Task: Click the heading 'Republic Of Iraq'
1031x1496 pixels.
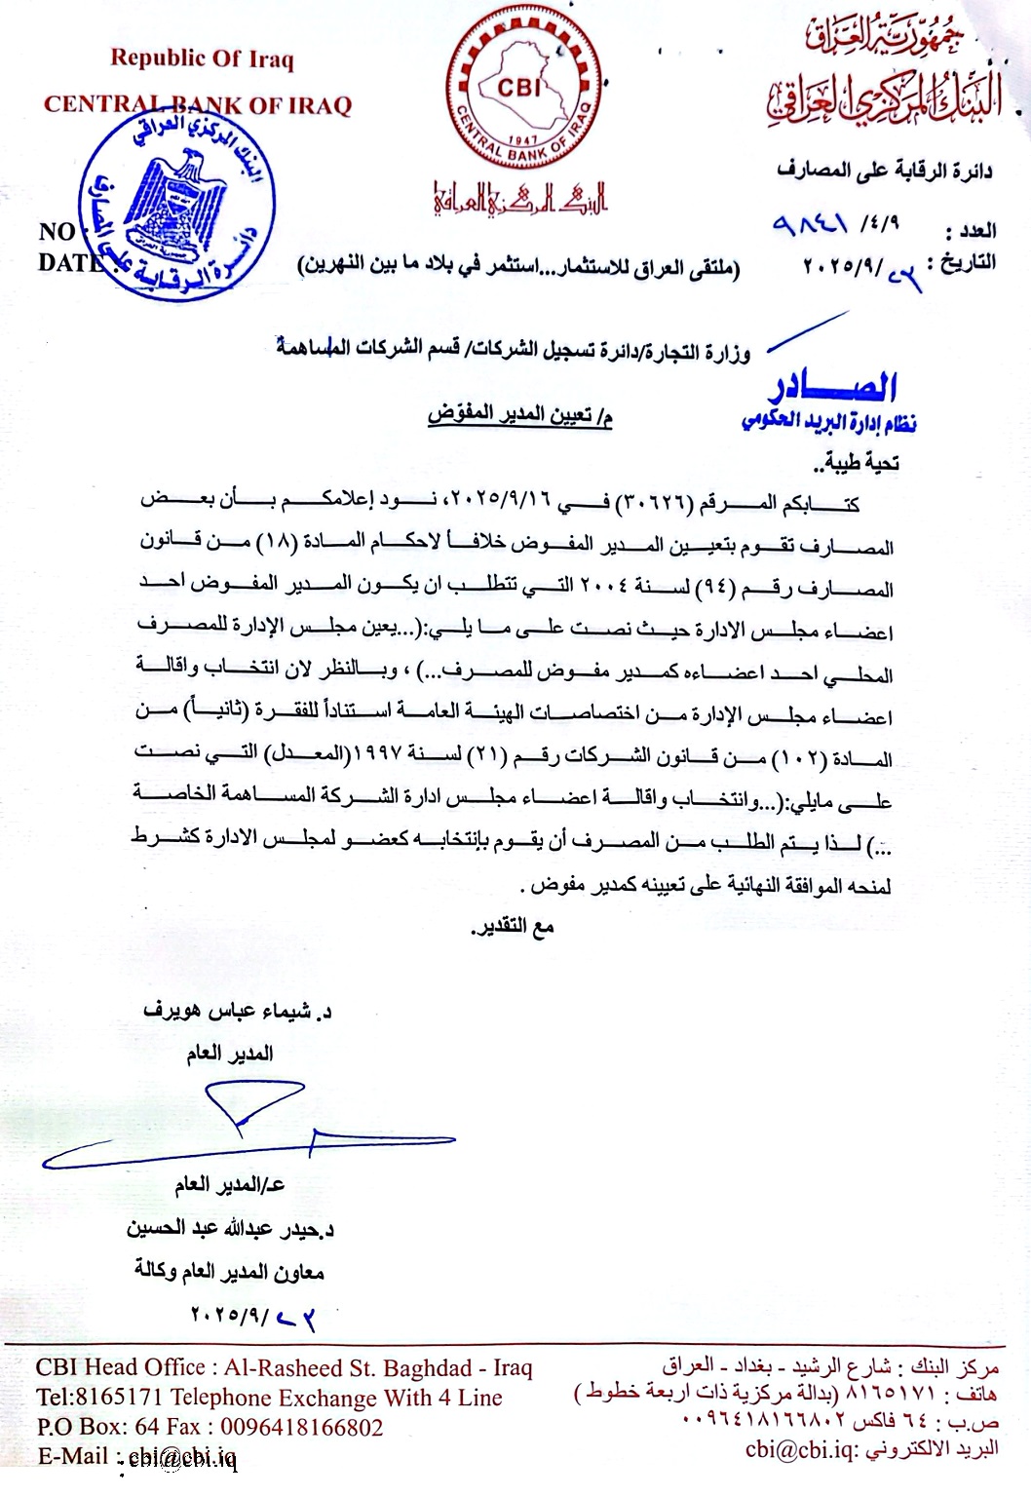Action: click(x=202, y=58)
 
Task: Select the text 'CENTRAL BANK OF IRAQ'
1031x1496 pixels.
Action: click(x=197, y=105)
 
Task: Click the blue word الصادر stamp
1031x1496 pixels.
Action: click(x=835, y=388)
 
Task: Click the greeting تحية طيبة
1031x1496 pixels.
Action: click(x=860, y=462)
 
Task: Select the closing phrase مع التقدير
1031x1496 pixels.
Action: click(x=513, y=926)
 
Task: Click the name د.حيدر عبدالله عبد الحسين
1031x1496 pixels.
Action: click(x=230, y=1228)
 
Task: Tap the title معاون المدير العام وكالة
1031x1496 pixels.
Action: click(x=229, y=1271)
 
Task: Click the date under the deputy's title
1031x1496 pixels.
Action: click(x=252, y=1317)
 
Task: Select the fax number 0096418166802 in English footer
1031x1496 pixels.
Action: click(x=302, y=1428)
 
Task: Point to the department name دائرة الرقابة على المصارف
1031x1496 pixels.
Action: click(x=885, y=172)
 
